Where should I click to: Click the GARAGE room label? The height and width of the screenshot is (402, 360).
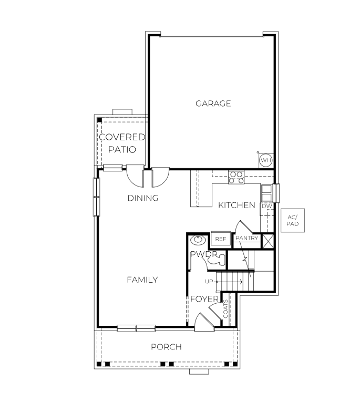(x=213, y=104)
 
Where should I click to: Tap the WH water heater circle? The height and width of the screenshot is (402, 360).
(x=265, y=160)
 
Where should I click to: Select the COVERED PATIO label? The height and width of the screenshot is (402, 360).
(x=122, y=143)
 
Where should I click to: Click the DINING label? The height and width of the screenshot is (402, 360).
(x=143, y=198)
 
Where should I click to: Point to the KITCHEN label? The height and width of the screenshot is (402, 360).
(x=236, y=205)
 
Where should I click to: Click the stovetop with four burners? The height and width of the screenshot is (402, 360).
(x=236, y=177)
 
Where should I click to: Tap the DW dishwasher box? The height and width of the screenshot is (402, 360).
(x=267, y=207)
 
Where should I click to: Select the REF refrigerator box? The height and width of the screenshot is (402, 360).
(x=220, y=239)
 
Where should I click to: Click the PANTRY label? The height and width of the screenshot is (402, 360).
(x=246, y=239)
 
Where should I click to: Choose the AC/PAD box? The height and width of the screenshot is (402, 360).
(x=292, y=221)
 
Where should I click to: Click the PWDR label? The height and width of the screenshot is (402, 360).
(x=204, y=254)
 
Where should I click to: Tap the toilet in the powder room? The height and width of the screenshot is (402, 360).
(x=219, y=259)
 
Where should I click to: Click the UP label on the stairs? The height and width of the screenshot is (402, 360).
(x=209, y=282)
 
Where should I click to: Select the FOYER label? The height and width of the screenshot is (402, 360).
(x=204, y=299)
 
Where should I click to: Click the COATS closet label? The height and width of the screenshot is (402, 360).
(x=226, y=309)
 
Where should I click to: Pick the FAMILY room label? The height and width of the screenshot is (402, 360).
(x=142, y=280)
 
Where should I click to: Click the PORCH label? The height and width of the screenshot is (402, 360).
(x=166, y=347)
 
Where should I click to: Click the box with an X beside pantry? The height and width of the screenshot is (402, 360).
(x=268, y=241)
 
